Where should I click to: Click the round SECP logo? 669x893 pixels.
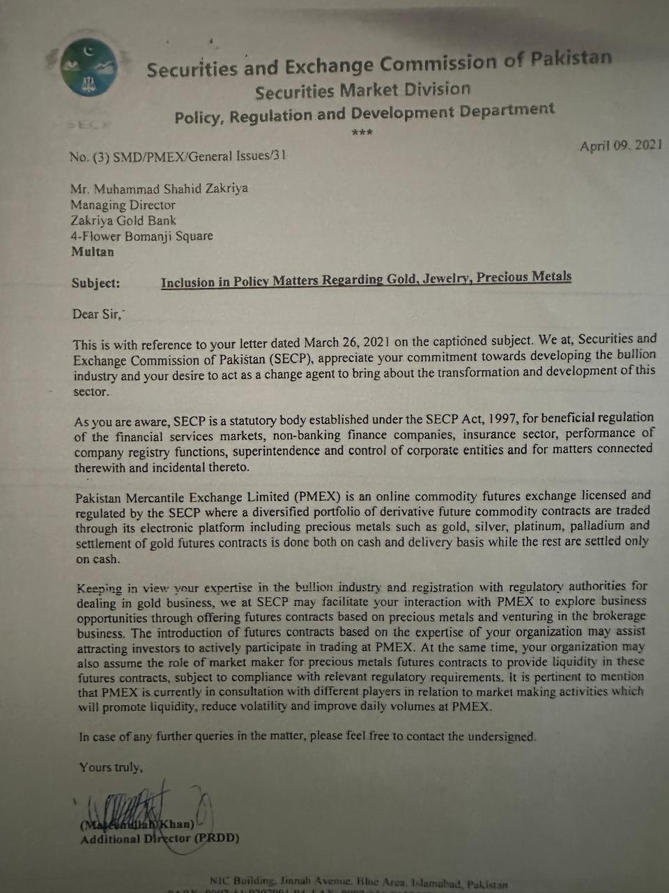tap(89, 68)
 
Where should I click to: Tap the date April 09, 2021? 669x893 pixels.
tap(620, 145)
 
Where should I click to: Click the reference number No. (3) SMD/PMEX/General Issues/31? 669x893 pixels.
tap(178, 156)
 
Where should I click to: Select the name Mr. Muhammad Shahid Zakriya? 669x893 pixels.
tap(159, 188)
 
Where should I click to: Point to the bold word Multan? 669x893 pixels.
tap(93, 252)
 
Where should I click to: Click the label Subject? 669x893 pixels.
tap(95, 283)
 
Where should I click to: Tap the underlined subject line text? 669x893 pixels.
tap(366, 279)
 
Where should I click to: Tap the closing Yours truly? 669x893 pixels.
tap(111, 767)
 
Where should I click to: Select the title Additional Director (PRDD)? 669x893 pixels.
tap(160, 839)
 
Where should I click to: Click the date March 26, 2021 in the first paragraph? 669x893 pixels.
tap(346, 343)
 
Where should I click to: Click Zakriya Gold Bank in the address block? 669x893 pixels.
tap(123, 220)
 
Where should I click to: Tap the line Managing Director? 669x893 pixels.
tap(123, 205)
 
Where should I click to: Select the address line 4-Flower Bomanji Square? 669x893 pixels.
tap(142, 237)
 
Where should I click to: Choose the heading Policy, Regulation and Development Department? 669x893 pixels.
tap(364, 113)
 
